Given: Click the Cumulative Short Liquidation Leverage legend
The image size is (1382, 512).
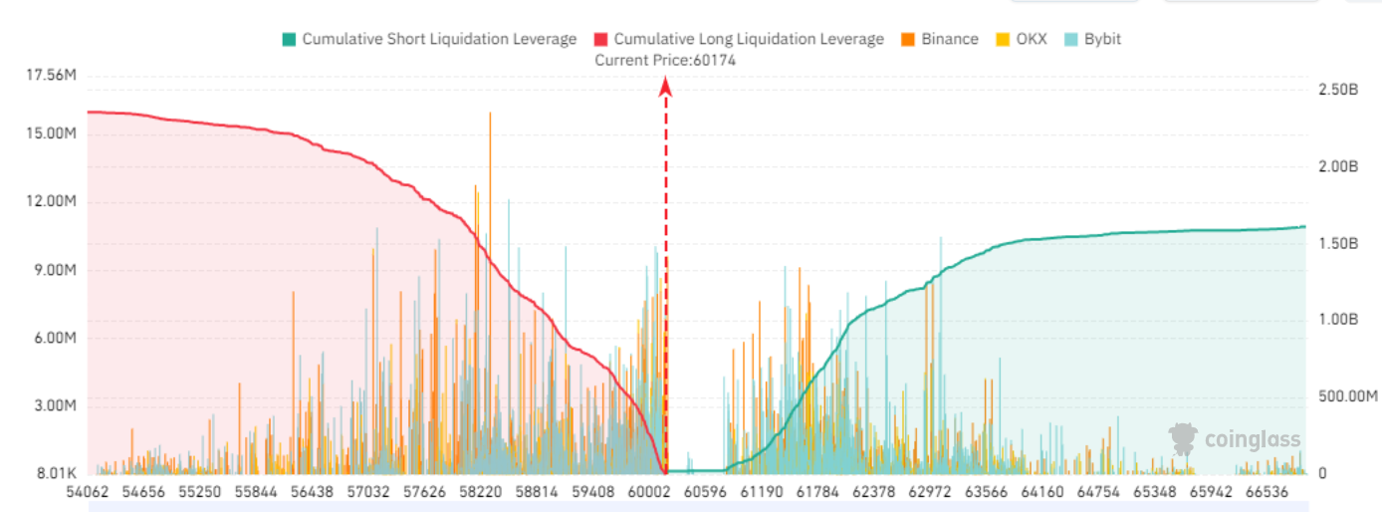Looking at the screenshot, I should [429, 39].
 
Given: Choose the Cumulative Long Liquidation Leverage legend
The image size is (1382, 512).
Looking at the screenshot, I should [738, 39].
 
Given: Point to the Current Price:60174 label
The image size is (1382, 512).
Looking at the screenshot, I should [665, 60].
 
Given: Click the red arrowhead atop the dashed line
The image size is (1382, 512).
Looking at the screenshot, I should [666, 88].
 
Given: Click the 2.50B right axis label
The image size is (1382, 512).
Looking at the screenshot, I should [1338, 89].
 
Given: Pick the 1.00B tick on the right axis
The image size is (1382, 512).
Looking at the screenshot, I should [1338, 319].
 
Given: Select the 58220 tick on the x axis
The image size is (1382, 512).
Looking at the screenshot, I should [481, 492].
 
